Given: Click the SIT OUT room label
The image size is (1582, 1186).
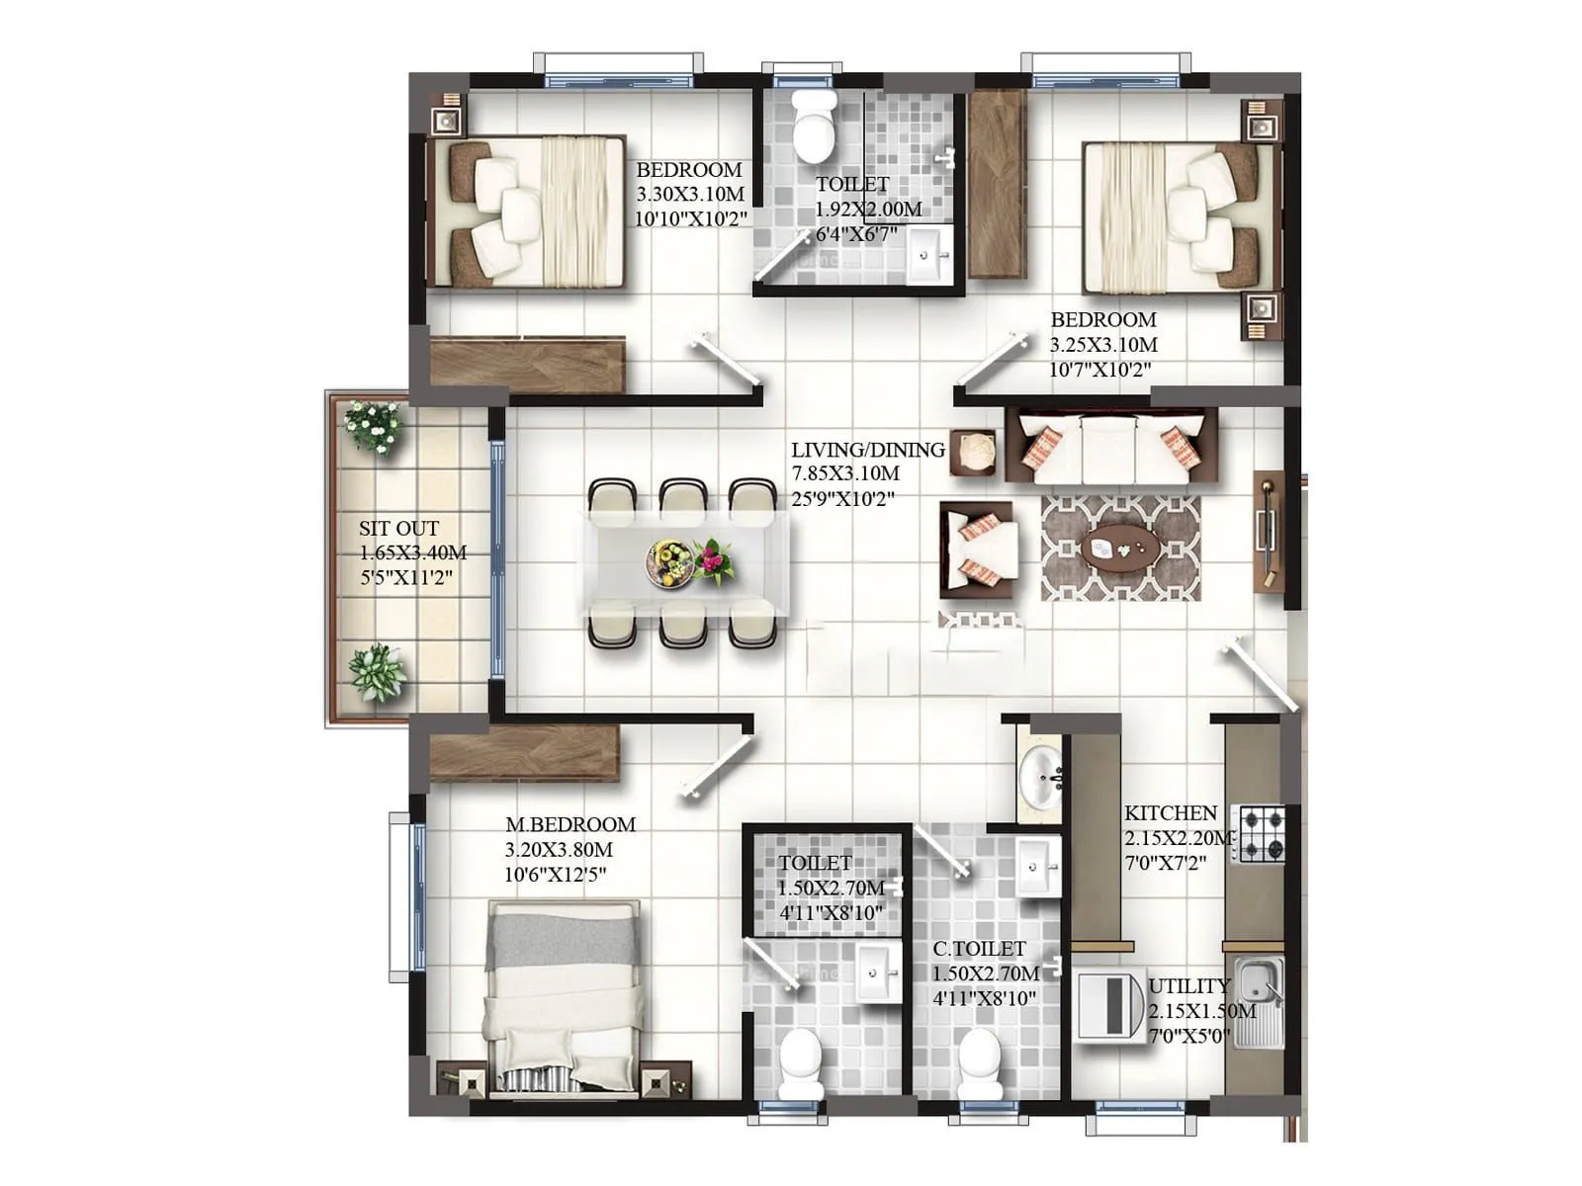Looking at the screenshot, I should coord(398,529).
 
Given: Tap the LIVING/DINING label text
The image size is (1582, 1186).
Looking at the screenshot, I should coord(867,450).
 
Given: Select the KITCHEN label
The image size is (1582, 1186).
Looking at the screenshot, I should coord(1171,813).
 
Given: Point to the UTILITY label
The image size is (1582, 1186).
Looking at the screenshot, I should coord(1188,986).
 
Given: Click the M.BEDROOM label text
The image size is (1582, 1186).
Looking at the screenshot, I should coord(570,824).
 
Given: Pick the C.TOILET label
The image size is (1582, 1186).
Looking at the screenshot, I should coord(979,949).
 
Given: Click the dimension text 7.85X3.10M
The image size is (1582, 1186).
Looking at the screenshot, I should coord(845,474).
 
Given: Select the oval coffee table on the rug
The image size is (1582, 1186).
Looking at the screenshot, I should coord(1120,547).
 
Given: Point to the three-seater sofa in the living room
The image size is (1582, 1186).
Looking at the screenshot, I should coord(1110,445).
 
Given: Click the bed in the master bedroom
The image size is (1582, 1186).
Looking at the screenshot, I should coord(564,993).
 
